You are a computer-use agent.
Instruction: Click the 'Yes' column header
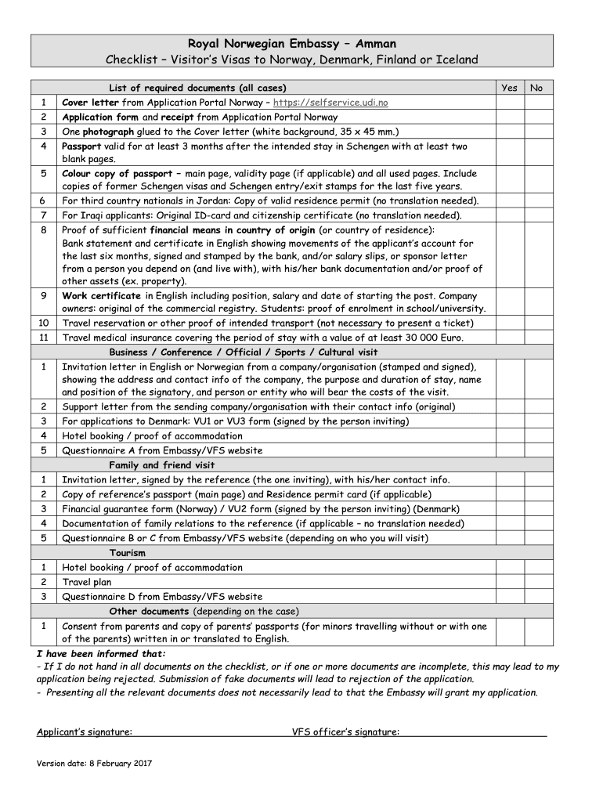509,88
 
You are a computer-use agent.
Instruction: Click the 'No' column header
536,88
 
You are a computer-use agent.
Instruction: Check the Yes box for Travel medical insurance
509,338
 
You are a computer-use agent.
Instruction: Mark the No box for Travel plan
536,582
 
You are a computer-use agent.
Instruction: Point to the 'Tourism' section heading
127,553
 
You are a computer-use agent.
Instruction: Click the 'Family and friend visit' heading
161,465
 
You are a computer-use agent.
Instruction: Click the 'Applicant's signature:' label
85,732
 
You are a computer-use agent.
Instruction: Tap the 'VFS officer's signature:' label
345,732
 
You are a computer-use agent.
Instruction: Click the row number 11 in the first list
44,338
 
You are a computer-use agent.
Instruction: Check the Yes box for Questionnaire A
509,450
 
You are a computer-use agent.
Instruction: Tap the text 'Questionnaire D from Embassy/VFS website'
162,597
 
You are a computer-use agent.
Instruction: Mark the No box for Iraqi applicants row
536,215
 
